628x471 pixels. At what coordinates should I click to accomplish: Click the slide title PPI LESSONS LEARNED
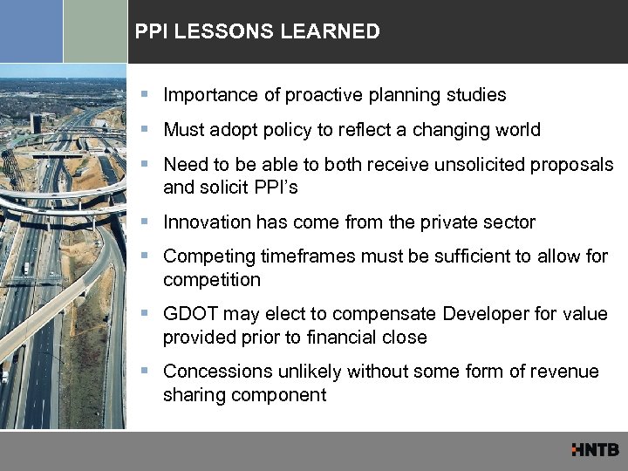pyautogui.click(x=257, y=32)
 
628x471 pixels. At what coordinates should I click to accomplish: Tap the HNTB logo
pyautogui.click(x=595, y=450)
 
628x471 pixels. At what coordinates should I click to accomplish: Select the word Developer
pyautogui.click(x=481, y=313)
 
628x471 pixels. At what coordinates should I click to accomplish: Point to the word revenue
pyautogui.click(x=563, y=372)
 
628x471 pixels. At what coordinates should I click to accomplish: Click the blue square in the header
pyautogui.click(x=31, y=31)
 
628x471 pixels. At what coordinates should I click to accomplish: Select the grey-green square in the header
pyautogui.click(x=95, y=31)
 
